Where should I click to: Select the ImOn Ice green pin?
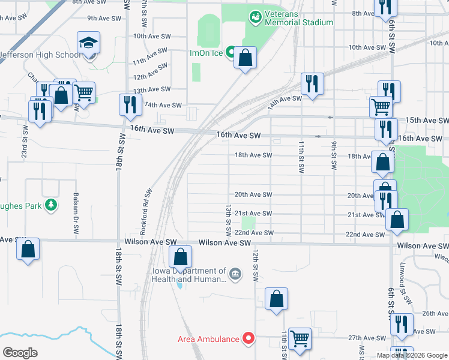point(231,53)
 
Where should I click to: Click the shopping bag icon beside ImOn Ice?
point(245,58)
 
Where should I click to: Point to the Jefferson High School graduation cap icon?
point(88,43)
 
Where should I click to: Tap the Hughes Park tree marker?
point(51,205)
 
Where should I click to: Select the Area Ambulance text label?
point(208,339)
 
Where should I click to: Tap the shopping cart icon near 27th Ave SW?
point(299,338)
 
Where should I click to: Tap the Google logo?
point(20,353)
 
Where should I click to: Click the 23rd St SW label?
point(25,141)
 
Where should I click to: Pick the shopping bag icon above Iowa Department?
point(180,258)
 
